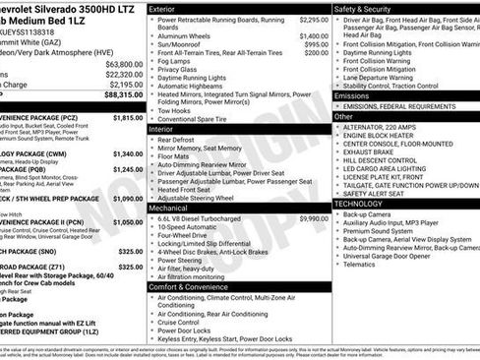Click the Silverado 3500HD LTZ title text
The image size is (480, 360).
(x=69, y=8)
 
